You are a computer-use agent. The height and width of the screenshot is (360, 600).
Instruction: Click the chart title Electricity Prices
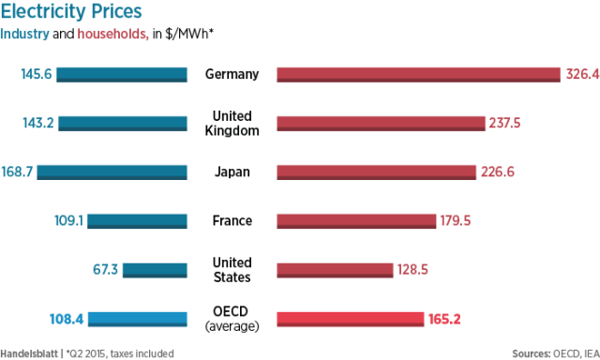[x=72, y=12]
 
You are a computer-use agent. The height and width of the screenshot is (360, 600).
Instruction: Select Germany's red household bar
[x=417, y=75]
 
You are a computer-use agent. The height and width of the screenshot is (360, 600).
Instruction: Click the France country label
[x=232, y=220]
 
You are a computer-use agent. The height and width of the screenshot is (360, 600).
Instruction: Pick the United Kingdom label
[x=232, y=123]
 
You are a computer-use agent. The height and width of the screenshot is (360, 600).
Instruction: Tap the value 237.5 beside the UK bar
[x=505, y=123]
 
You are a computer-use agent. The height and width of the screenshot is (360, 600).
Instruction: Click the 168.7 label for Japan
[x=17, y=172]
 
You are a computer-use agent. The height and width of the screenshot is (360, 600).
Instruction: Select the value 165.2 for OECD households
[x=445, y=319]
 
